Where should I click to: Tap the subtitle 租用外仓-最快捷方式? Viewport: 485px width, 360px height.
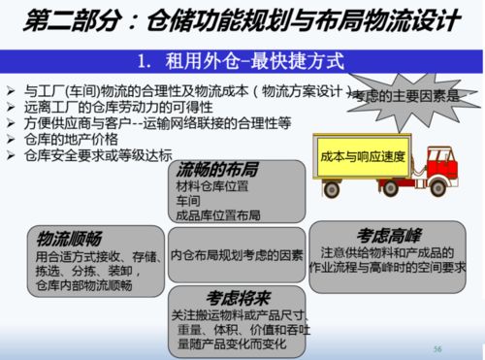(242, 61)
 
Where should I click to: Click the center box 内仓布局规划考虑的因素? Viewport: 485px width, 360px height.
(237, 258)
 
